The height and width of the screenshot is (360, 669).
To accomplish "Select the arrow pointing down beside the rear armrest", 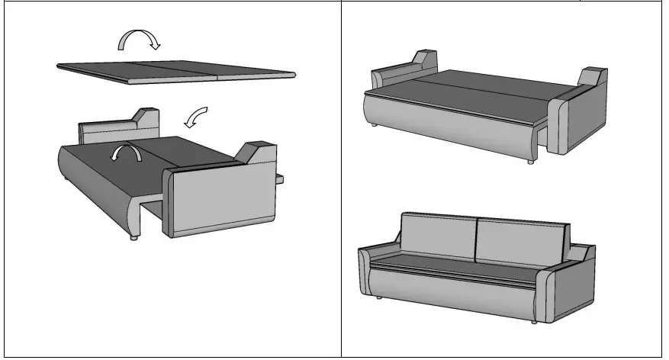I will [x=196, y=118].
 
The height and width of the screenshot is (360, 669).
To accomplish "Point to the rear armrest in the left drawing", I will [x=114, y=129].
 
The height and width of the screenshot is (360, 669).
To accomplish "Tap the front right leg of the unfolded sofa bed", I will [x=528, y=162].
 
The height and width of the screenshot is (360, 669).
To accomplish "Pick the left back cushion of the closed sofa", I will [x=436, y=236].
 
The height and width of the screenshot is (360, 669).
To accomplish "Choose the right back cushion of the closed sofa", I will [x=523, y=243].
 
